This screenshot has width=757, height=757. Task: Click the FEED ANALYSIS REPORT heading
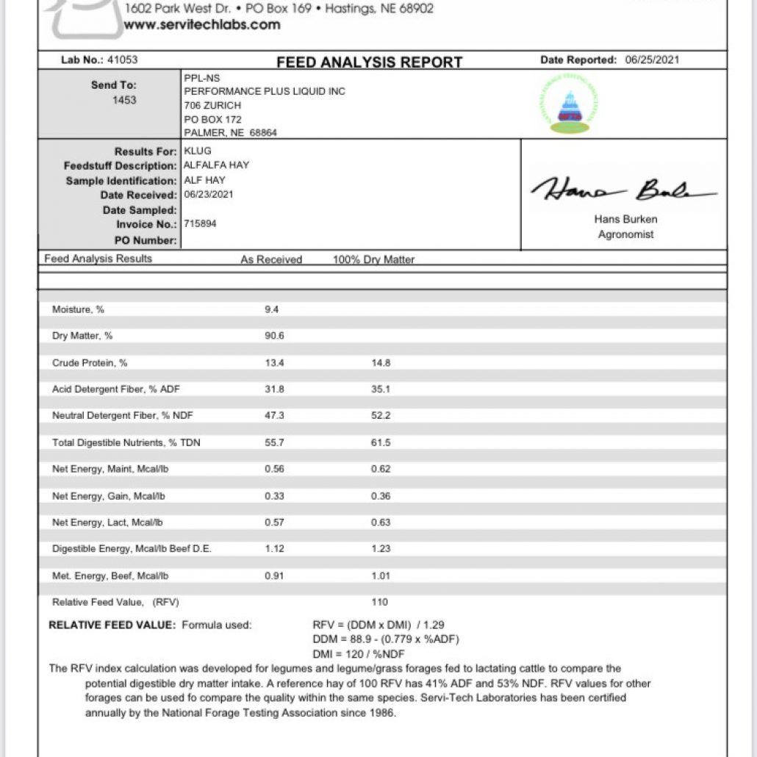pyautogui.click(x=369, y=62)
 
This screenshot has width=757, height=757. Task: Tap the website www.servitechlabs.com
pyautogui.click(x=202, y=24)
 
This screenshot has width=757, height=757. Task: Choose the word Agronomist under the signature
pyautogui.click(x=625, y=234)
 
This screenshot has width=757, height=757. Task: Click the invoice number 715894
pyautogui.click(x=200, y=223)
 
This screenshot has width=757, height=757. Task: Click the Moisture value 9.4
pyautogui.click(x=271, y=309)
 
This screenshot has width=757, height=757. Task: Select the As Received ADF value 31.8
pyautogui.click(x=274, y=390)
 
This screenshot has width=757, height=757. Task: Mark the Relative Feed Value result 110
pyautogui.click(x=379, y=603)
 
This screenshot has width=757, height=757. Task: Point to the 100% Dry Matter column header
pyautogui.click(x=373, y=259)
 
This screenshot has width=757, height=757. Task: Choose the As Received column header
pyautogui.click(x=271, y=259)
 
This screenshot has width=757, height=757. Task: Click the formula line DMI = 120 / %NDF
pyautogui.click(x=359, y=654)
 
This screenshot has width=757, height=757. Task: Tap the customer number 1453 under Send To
pyautogui.click(x=124, y=100)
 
